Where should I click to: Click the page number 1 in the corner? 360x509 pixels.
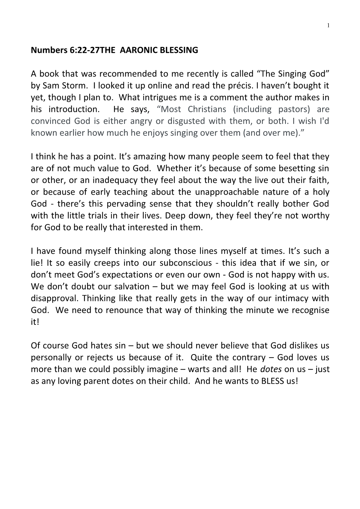click(329, 25)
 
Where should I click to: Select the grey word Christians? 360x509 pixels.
click(207, 109)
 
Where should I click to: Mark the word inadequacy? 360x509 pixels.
click(115, 180)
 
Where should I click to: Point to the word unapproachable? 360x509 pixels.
click(242, 192)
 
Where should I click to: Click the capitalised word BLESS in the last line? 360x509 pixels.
click(273, 381)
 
